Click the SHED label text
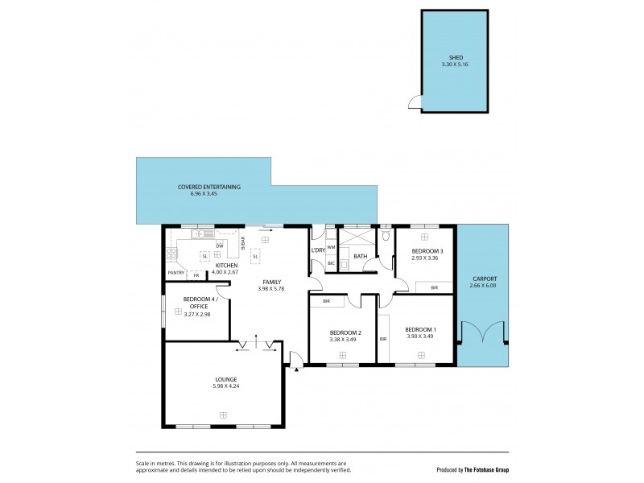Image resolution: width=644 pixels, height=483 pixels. point(455,57)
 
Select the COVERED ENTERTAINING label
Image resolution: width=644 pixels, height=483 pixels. point(209,187)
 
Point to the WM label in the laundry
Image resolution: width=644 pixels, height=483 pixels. point(331,248)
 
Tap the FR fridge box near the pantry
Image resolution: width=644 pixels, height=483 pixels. point(196,275)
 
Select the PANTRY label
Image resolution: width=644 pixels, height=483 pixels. point(176,273)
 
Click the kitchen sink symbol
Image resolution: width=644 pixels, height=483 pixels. point(201,234)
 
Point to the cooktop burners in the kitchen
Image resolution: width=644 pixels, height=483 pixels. point(171,254)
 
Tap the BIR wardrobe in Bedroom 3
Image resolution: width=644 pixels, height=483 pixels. point(434,287)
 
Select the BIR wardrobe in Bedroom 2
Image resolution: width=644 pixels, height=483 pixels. point(326,301)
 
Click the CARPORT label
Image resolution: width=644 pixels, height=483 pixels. point(485,279)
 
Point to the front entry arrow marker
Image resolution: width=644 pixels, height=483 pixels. point(296,369)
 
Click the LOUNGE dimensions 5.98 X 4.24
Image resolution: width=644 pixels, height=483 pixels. point(225,386)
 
